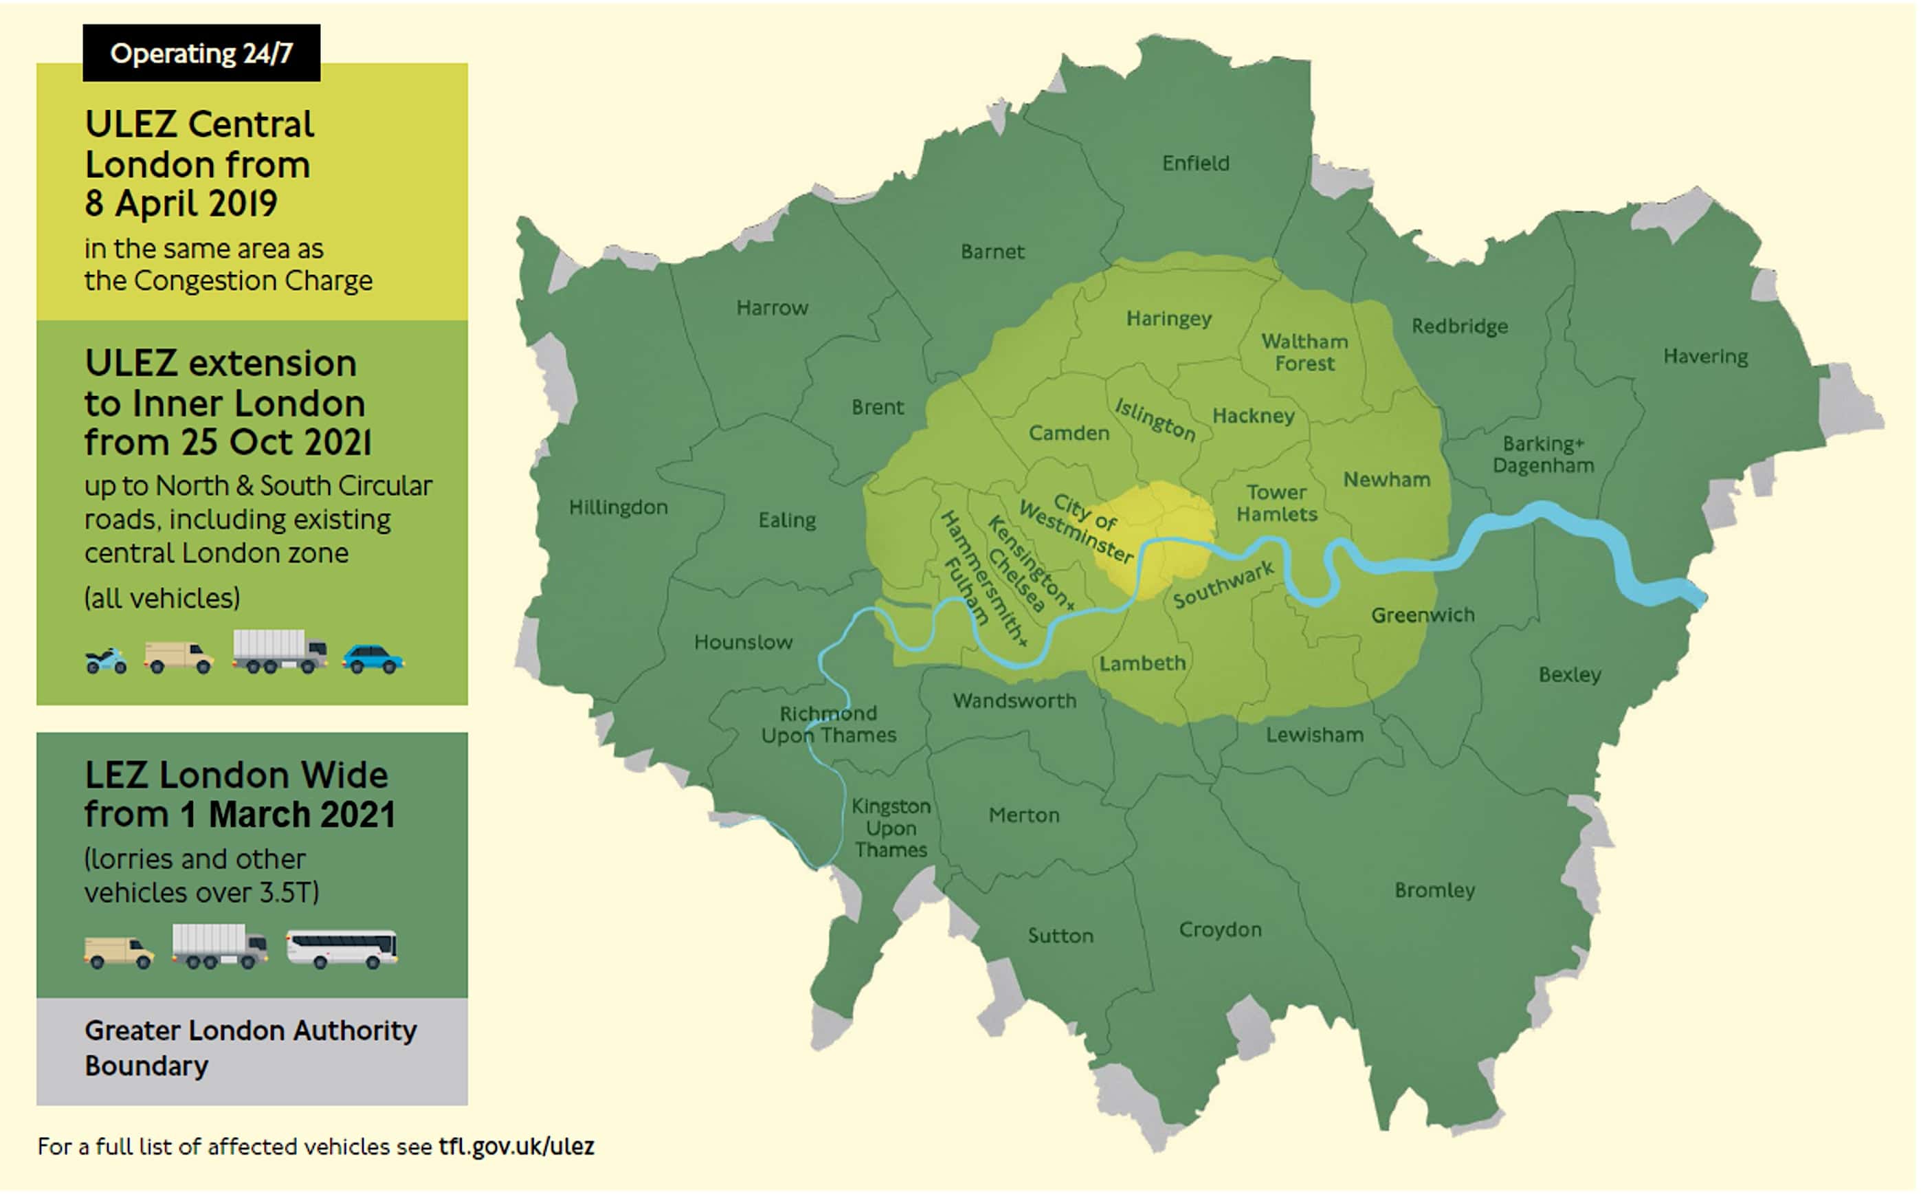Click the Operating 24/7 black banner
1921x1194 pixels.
click(201, 53)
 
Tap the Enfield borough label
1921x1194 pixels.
click(1195, 164)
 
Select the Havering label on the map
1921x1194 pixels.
click(1705, 356)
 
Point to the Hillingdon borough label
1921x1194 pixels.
click(619, 507)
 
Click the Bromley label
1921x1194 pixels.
click(1434, 890)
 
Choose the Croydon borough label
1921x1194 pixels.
click(1220, 929)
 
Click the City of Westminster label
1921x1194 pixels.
click(1078, 529)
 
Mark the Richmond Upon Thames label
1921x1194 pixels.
click(828, 724)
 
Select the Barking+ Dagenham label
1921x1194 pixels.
click(1543, 454)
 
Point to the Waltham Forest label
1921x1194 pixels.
click(1304, 352)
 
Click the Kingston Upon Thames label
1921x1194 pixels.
click(891, 828)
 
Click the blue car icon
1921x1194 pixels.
click(372, 659)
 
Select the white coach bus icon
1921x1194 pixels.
click(341, 948)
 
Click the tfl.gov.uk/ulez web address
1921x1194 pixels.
click(516, 1146)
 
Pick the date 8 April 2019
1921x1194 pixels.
click(181, 203)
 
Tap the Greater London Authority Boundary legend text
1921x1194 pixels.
click(250, 1048)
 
